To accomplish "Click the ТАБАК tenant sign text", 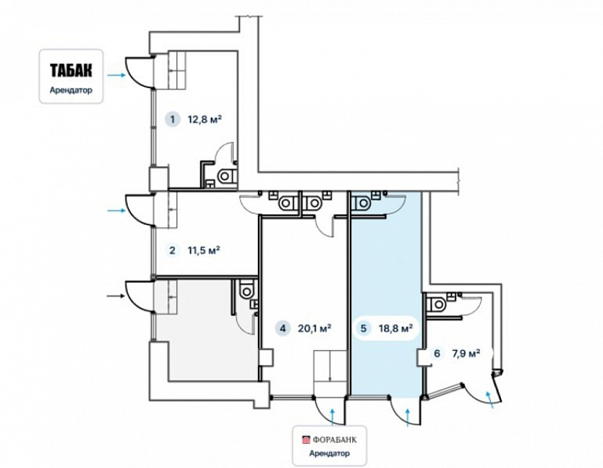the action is pos(71,70).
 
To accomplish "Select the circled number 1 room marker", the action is pos(172,119).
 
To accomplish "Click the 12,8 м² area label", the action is pos(205,119).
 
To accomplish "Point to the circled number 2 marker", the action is pos(172,250).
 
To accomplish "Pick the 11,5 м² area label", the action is pos(204,250).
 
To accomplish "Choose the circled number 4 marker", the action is pos(283,328).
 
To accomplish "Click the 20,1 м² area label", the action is pos(315,328).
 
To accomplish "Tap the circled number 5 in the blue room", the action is pos(363,328).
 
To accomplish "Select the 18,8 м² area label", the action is pos(396,328).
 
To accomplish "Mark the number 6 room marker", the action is pos(436,353).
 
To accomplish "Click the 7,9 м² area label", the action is pos(467,353).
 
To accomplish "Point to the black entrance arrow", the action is pos(116,296).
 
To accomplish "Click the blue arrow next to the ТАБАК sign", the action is pos(116,75).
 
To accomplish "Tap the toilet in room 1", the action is pos(226,176).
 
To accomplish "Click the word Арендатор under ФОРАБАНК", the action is pos(330,453).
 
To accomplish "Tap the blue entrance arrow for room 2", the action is pos(116,210).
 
